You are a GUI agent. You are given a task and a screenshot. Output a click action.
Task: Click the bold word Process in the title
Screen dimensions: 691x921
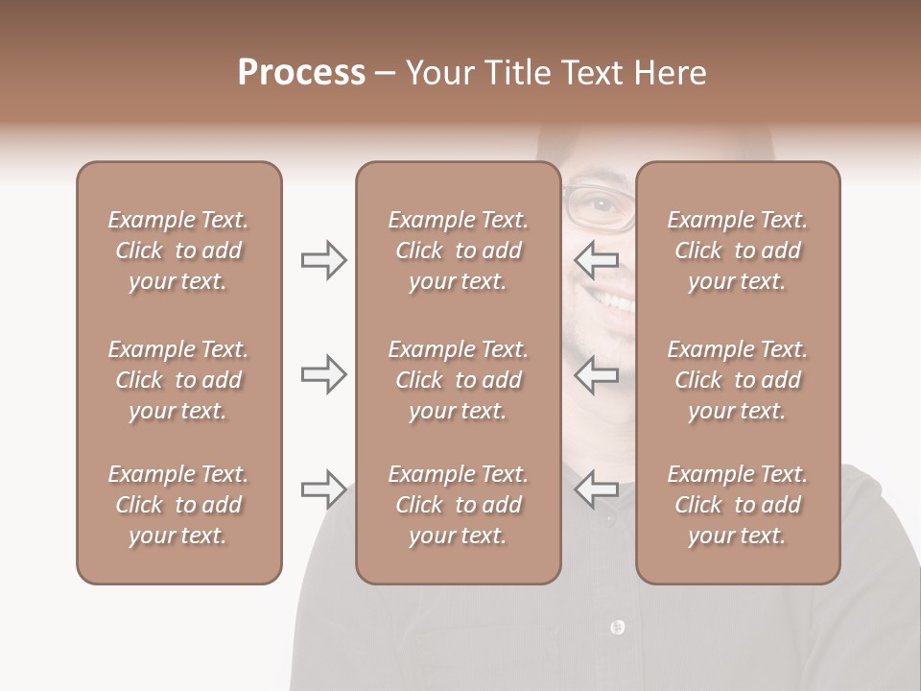[x=301, y=72]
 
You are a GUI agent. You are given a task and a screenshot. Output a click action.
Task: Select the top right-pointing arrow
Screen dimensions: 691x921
[x=324, y=260]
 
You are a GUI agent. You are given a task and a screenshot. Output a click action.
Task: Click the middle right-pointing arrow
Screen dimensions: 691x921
[x=324, y=374]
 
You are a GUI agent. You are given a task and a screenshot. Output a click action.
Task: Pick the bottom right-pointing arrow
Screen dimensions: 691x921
[x=324, y=489]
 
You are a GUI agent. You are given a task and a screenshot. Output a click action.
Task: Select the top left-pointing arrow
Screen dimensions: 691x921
[x=596, y=258]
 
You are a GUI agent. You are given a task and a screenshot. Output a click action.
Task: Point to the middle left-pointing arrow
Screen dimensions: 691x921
[x=596, y=374]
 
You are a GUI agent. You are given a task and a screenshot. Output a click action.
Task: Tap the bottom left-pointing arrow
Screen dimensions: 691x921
[x=596, y=488]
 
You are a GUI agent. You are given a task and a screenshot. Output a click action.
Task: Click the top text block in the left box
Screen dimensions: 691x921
[x=178, y=250]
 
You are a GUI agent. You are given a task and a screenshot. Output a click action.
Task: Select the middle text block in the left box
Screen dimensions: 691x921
[x=178, y=380]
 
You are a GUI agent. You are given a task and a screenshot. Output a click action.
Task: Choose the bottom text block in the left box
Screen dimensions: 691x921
[x=178, y=505]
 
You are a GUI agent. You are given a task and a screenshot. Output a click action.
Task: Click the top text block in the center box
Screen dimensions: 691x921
[x=458, y=250]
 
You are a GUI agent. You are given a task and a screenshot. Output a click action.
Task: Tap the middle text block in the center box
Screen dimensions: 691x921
[x=458, y=380]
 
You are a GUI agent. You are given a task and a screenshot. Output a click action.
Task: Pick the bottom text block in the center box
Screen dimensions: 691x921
[x=458, y=505]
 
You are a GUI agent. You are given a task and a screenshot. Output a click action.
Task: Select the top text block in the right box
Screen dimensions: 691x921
[x=737, y=250]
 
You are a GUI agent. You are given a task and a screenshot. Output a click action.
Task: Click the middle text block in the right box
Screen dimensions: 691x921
[x=737, y=380]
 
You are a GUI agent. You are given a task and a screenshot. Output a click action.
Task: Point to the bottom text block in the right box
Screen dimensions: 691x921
[x=737, y=505]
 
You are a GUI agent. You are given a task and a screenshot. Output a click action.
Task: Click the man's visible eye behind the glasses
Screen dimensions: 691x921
[x=600, y=204]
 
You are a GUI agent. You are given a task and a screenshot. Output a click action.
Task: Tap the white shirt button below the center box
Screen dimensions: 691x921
[x=617, y=627]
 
